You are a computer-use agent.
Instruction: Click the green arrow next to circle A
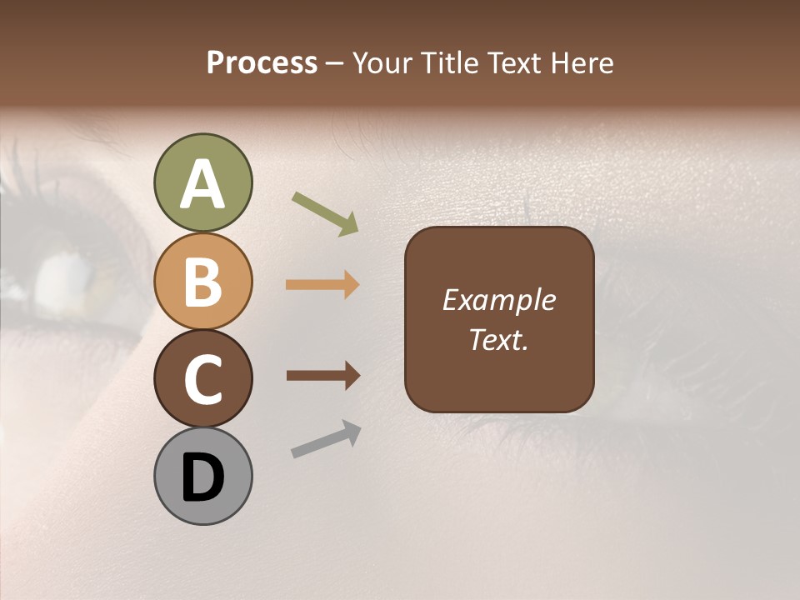click(x=325, y=212)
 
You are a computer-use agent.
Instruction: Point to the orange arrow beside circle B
click(x=322, y=285)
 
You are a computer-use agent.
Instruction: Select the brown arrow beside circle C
click(x=322, y=376)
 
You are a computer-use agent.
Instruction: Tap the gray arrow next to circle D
click(x=326, y=439)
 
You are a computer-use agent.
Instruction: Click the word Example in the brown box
click(x=498, y=301)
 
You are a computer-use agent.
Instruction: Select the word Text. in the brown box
click(x=498, y=340)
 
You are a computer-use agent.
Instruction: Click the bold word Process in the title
click(x=262, y=63)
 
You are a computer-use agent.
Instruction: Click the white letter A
click(x=202, y=185)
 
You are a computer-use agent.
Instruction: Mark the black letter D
click(x=202, y=478)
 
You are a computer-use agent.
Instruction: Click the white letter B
click(x=202, y=282)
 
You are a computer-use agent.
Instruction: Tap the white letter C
click(x=202, y=380)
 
